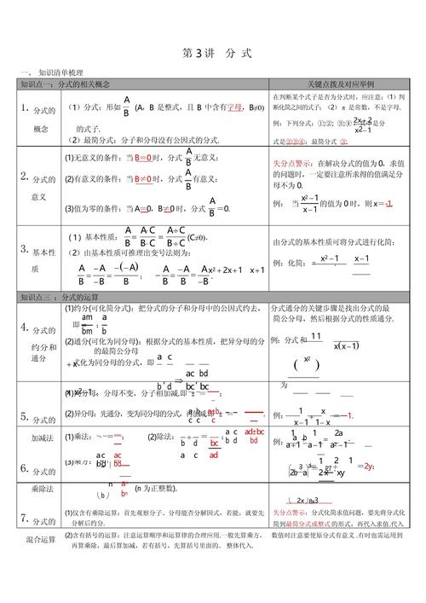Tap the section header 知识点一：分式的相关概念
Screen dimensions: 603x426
click(x=64, y=85)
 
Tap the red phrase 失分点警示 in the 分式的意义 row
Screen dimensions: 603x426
click(x=293, y=162)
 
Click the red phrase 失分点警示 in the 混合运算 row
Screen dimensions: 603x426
click(x=293, y=512)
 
